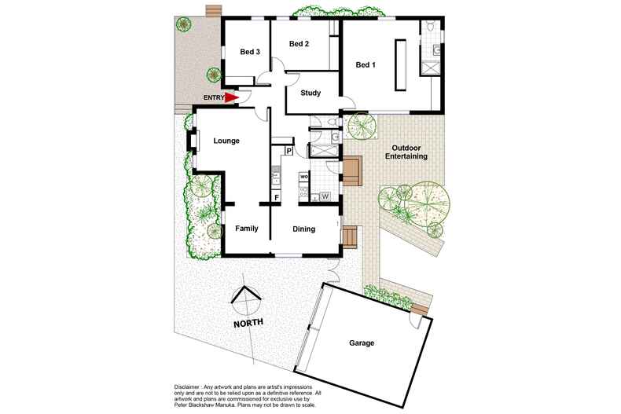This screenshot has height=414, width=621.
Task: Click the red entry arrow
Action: coord(230,98)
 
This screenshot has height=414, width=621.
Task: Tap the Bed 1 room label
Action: coord(366,65)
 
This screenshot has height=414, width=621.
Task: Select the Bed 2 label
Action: coord(298,44)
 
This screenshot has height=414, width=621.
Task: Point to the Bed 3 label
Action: coord(250,52)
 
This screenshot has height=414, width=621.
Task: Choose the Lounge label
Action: coord(226,141)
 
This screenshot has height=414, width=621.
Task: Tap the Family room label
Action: coord(248,229)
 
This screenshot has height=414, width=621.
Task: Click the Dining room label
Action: coord(303,229)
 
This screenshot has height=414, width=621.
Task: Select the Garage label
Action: coord(362,343)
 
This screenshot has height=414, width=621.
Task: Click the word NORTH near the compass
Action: coord(248,324)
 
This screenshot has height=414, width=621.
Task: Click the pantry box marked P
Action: coord(288,150)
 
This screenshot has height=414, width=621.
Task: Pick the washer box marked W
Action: coord(325,196)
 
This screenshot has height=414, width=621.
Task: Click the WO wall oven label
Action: coord(303,176)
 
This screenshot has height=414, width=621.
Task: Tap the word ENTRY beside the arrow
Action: coord(212,97)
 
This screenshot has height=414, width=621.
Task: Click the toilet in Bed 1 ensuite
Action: coord(430,28)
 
